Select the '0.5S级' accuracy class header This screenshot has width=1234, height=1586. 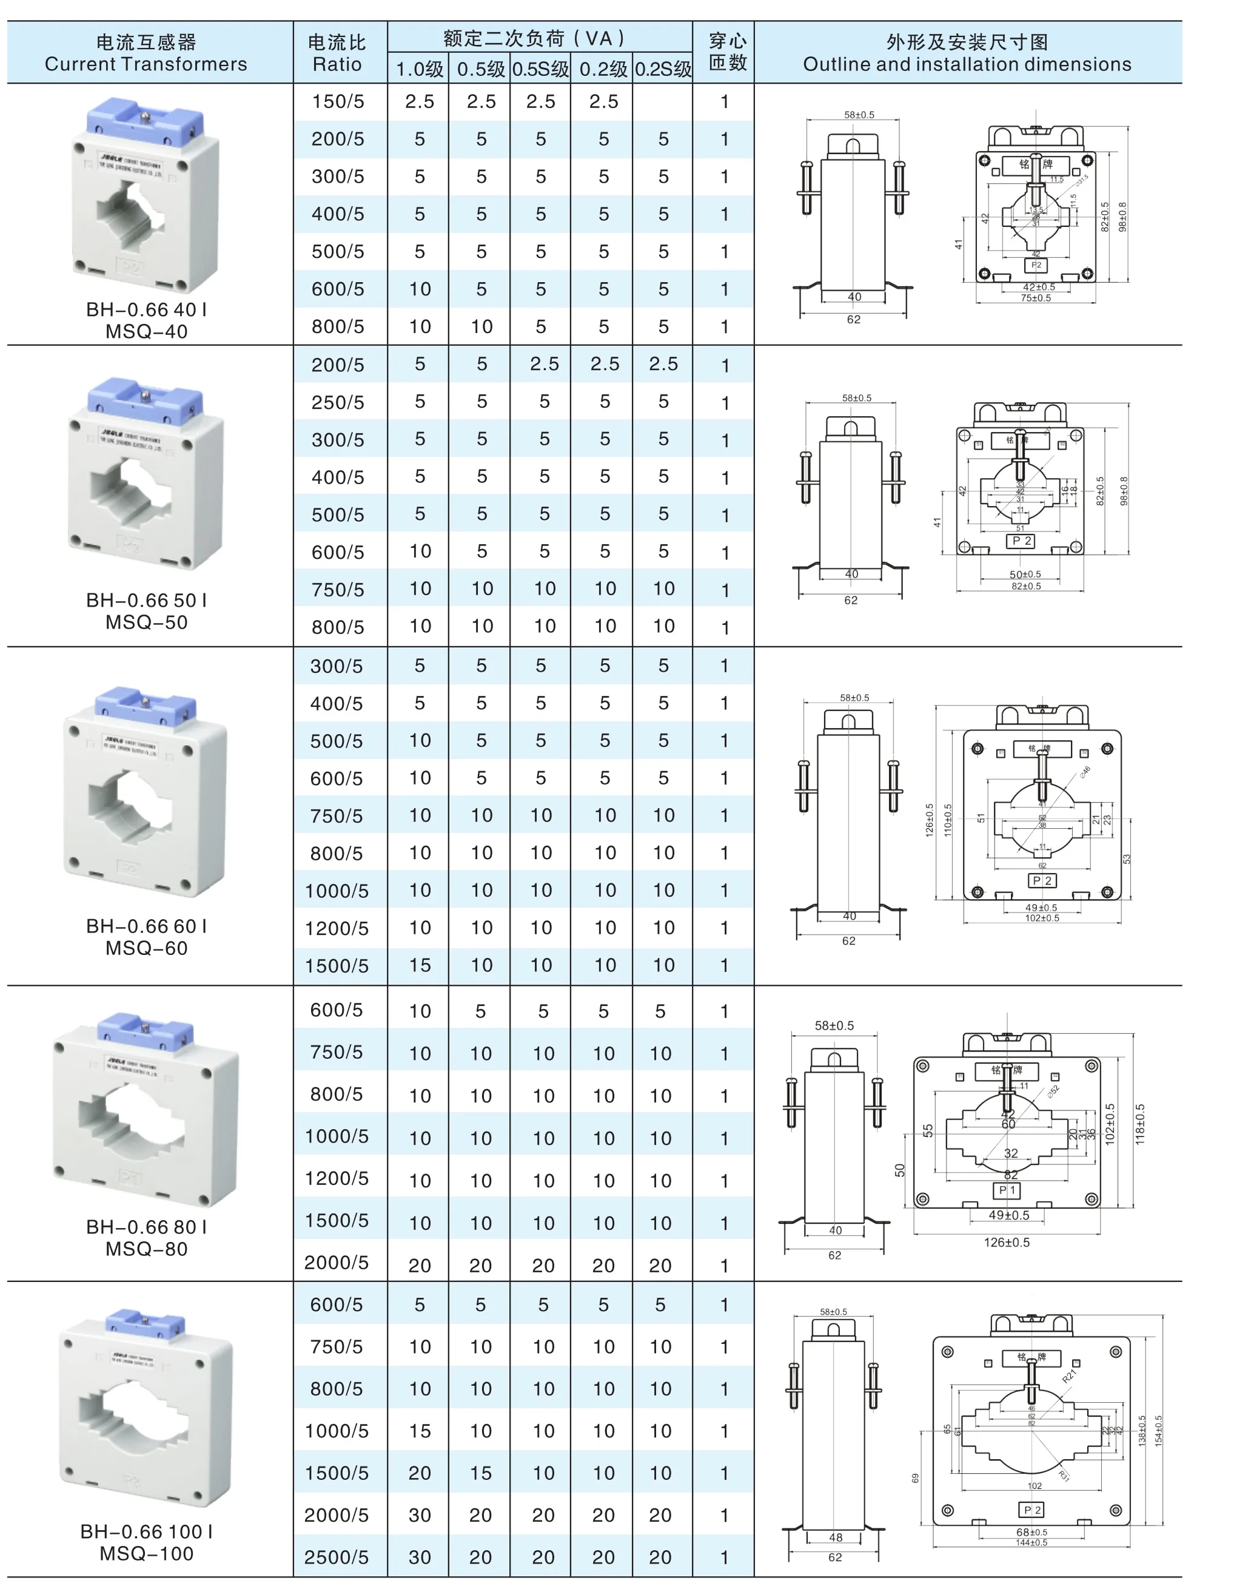point(540,69)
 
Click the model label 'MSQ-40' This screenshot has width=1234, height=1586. point(147,331)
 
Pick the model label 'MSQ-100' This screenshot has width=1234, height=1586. point(147,1553)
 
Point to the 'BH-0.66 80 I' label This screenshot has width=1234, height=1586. point(147,1227)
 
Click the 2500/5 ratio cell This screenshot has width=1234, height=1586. point(336,1557)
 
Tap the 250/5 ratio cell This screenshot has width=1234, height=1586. point(338,402)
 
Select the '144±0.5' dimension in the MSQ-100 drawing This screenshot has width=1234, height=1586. point(1031,1542)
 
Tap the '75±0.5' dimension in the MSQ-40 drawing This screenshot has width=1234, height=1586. point(1036,298)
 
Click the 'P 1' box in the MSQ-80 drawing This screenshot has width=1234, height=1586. point(1007,1190)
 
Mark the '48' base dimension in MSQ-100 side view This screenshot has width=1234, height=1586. point(836,1537)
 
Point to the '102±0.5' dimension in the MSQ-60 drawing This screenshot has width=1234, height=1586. point(1042,918)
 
